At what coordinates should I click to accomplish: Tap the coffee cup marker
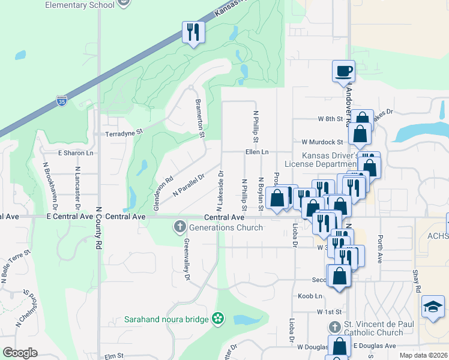tap(343, 71)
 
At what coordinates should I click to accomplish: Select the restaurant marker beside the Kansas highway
tap(193, 32)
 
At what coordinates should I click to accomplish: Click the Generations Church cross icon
tap(179, 227)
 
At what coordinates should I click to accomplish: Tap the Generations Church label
tap(226, 227)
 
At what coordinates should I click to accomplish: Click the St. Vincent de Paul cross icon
tap(334, 328)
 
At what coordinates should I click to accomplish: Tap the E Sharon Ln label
tap(76, 153)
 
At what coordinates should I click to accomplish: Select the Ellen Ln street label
tap(256, 152)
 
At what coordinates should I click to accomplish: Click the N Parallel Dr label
tap(189, 184)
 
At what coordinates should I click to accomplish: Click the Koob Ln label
tap(310, 296)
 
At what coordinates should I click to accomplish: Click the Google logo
tap(20, 353)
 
